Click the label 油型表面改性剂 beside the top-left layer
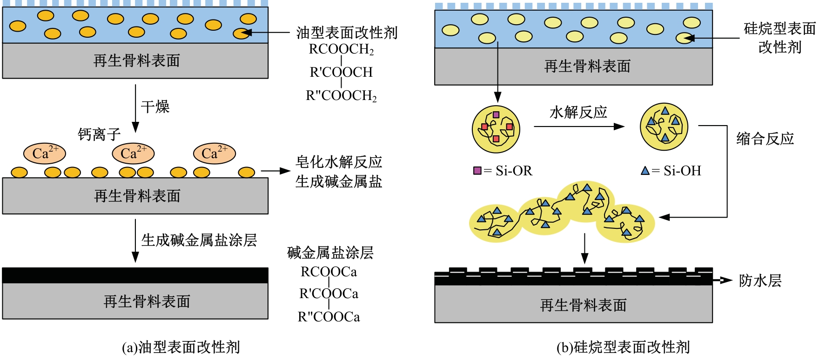tap(347, 33)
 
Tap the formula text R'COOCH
tap(341, 72)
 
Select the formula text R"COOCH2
tap(341, 95)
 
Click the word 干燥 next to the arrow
tap(155, 107)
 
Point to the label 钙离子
tap(99, 135)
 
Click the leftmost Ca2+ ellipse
tap(45, 153)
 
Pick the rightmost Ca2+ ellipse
tap(215, 153)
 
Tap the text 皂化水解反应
tap(339, 162)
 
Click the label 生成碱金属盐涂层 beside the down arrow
tap(199, 240)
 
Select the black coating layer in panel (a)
tap(135, 275)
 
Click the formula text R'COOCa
tap(329, 294)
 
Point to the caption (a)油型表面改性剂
tap(181, 347)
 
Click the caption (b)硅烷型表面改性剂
tap(623, 347)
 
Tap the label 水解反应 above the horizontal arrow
tap(578, 112)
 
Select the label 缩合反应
tap(765, 139)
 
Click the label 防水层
tap(760, 280)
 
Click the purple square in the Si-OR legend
tap(477, 170)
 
